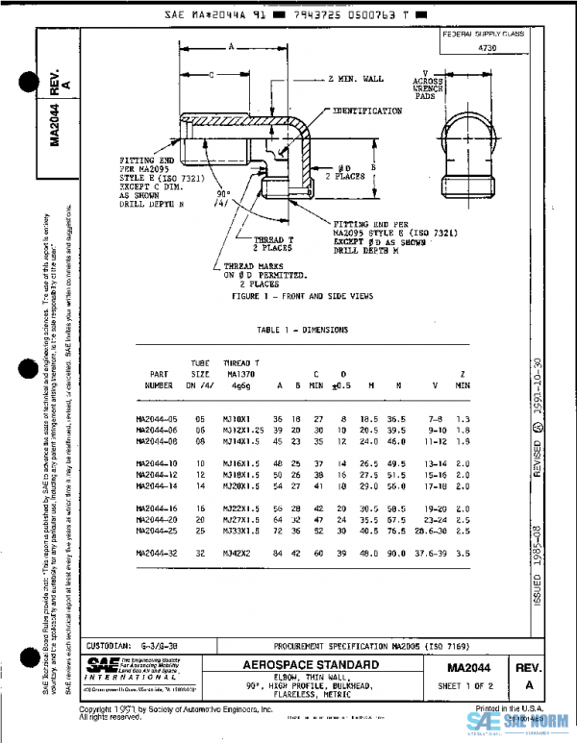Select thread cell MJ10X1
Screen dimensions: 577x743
237,419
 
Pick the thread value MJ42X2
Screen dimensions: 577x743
237,554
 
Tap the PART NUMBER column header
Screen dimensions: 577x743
159,378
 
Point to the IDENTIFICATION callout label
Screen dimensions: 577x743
367,111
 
